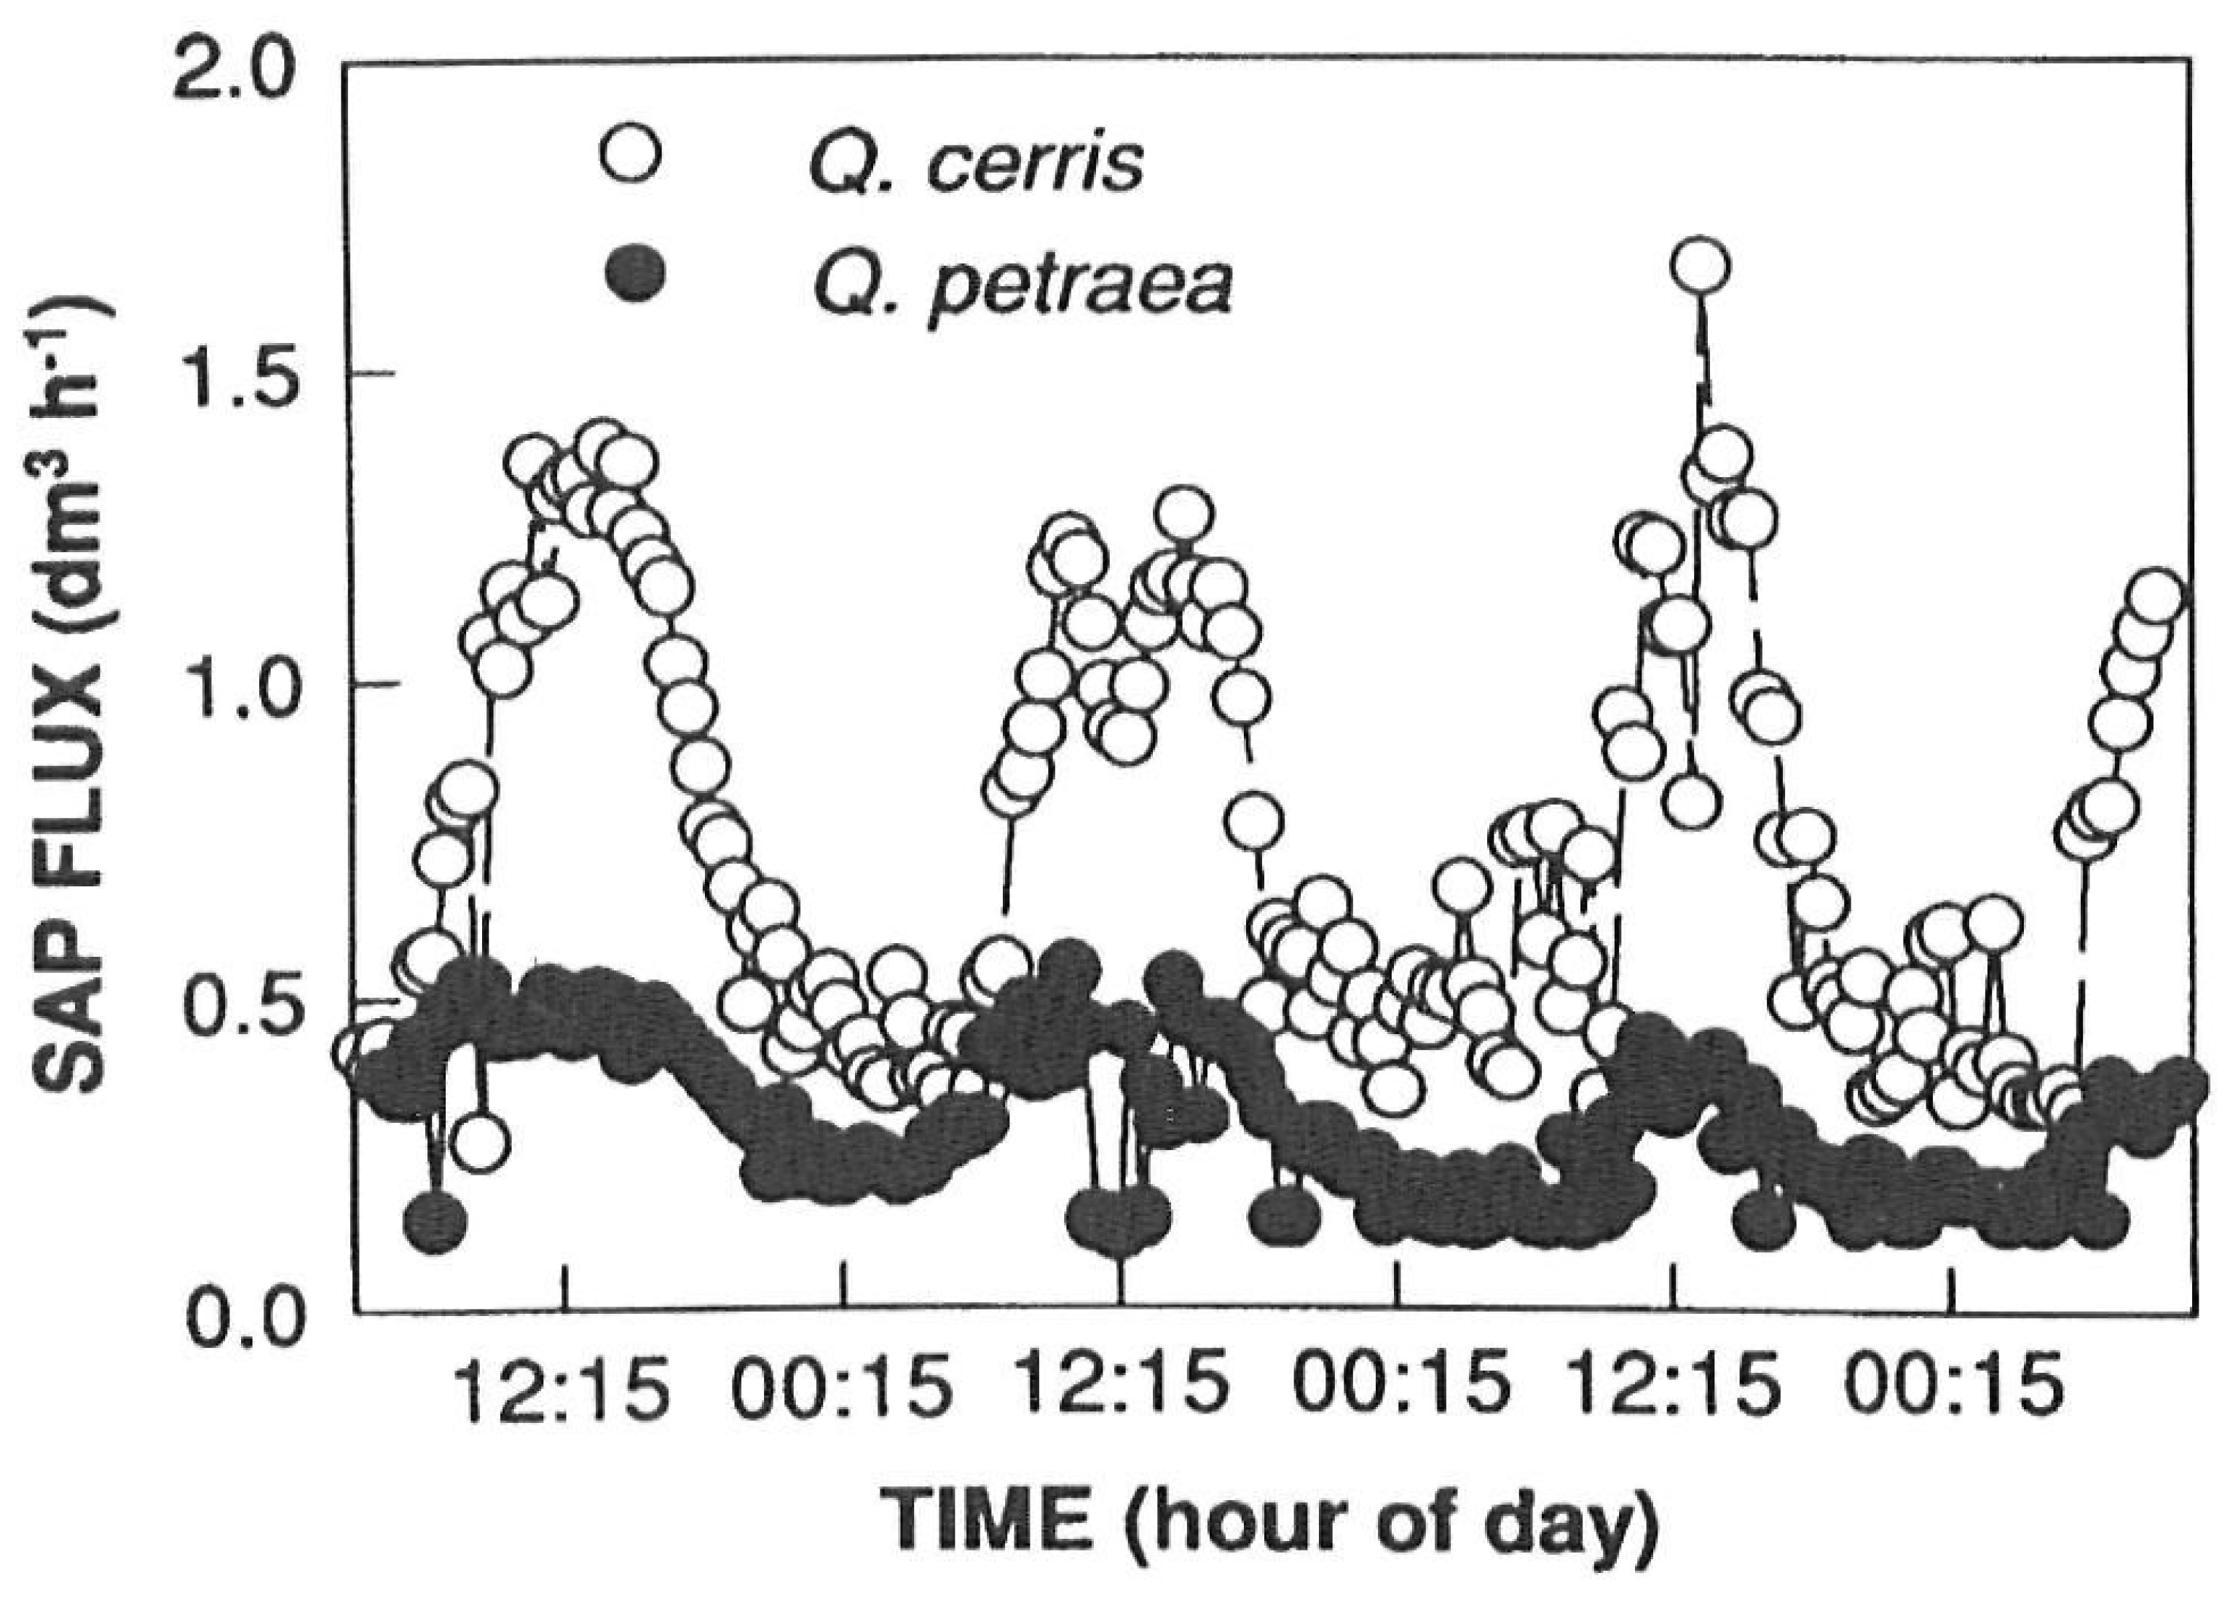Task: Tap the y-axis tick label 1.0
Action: [234, 690]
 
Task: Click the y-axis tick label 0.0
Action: [234, 1318]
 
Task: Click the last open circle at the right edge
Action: [2155, 598]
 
